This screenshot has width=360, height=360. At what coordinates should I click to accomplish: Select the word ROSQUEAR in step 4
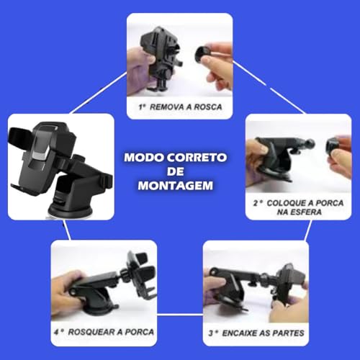[96, 333]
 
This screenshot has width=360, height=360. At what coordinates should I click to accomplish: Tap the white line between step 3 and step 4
[179, 315]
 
